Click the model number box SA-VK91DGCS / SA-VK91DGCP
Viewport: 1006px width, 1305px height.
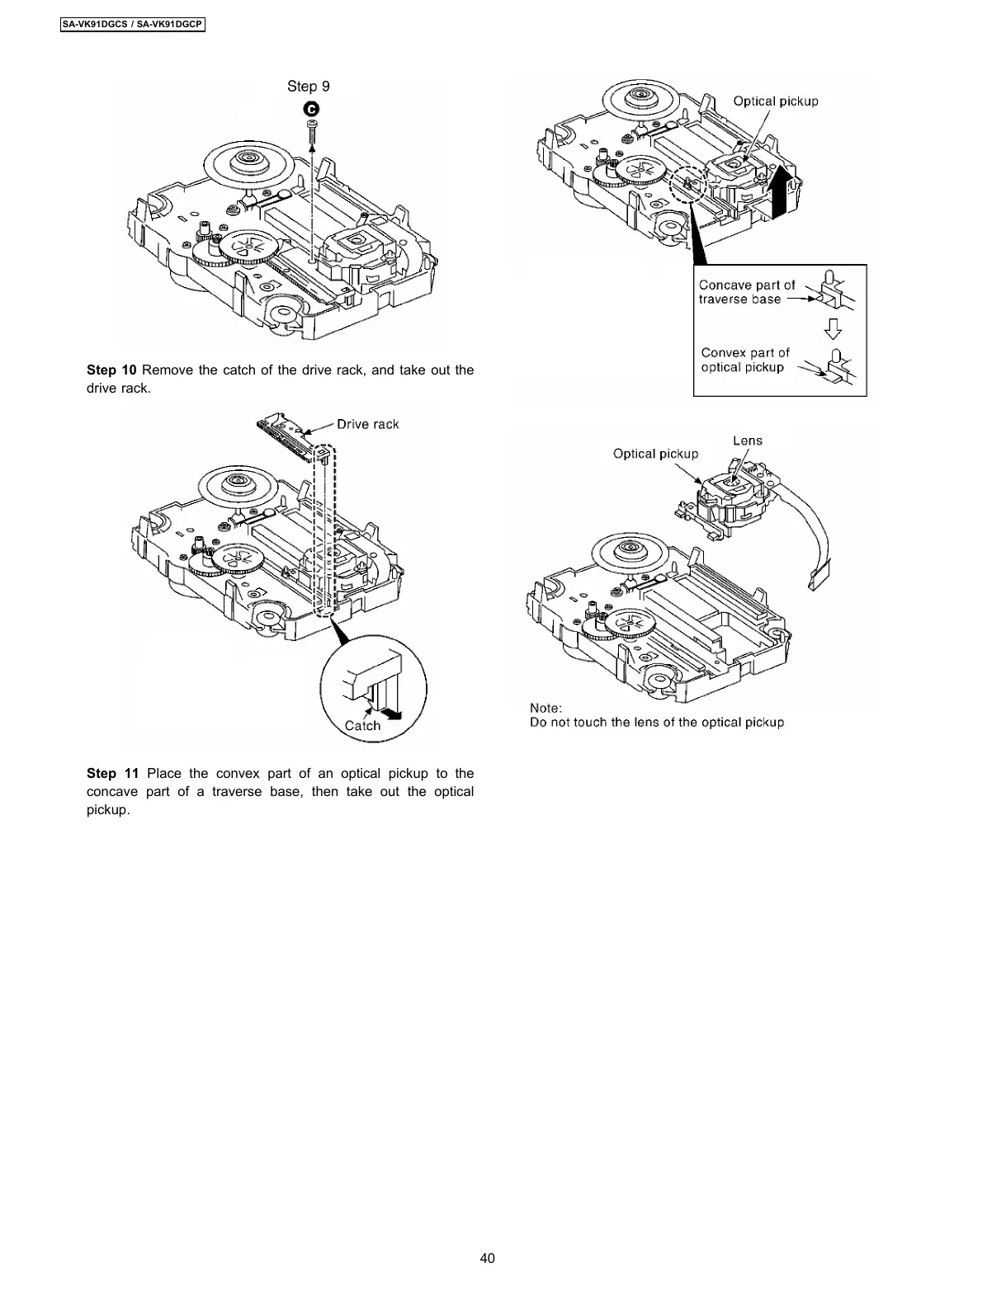[x=132, y=25]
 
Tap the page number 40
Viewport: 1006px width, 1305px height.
[x=487, y=1258]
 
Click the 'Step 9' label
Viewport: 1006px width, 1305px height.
[x=309, y=87]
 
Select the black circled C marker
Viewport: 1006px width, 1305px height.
[x=312, y=109]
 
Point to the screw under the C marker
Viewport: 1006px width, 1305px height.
[x=312, y=132]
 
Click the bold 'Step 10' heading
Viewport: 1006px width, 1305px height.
[x=111, y=370]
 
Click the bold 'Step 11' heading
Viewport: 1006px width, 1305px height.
[x=112, y=774]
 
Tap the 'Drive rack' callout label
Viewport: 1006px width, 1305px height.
[x=367, y=424]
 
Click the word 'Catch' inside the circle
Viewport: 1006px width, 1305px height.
[x=362, y=726]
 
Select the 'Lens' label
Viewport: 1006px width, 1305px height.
[x=748, y=440]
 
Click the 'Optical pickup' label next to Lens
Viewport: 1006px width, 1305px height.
[x=655, y=454]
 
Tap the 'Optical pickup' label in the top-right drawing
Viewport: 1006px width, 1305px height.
[x=776, y=101]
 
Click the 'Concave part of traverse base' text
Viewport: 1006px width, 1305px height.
[x=746, y=292]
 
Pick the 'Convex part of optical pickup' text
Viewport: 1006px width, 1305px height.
[x=745, y=360]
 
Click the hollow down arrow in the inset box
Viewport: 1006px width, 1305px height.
[x=834, y=329]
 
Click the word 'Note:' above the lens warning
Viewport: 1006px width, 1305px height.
[x=546, y=708]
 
